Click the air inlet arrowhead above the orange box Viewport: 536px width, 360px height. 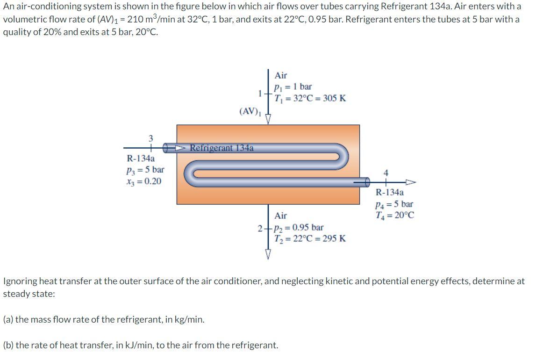point(268,120)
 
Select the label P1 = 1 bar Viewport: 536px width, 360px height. point(293,87)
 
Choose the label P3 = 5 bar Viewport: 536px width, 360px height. point(146,170)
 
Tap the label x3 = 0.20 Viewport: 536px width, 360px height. point(144,181)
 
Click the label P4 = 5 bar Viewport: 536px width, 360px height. point(394,204)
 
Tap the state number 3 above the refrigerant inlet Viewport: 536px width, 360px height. point(151,138)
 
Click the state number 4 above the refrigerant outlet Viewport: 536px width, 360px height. point(386,173)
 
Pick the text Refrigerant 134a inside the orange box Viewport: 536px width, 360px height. point(222,148)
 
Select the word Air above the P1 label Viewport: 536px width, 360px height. point(281,75)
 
